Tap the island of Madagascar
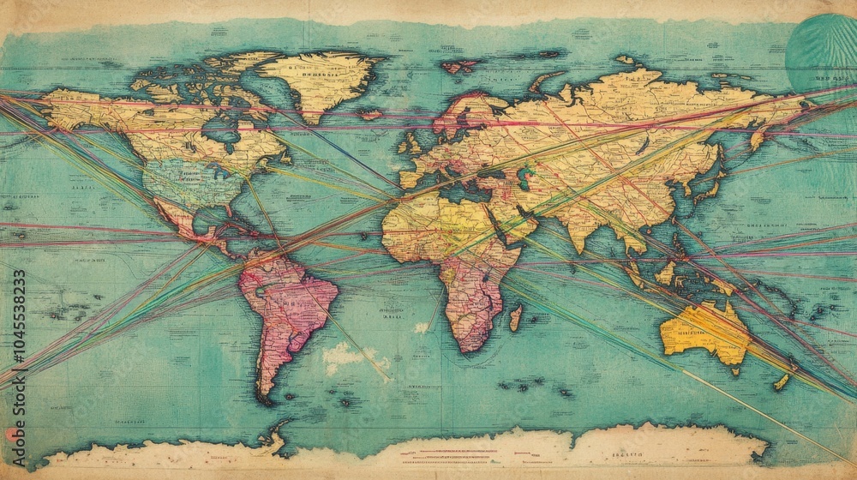(515, 317)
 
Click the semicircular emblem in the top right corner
(823, 51)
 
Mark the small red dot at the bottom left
(11, 435)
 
